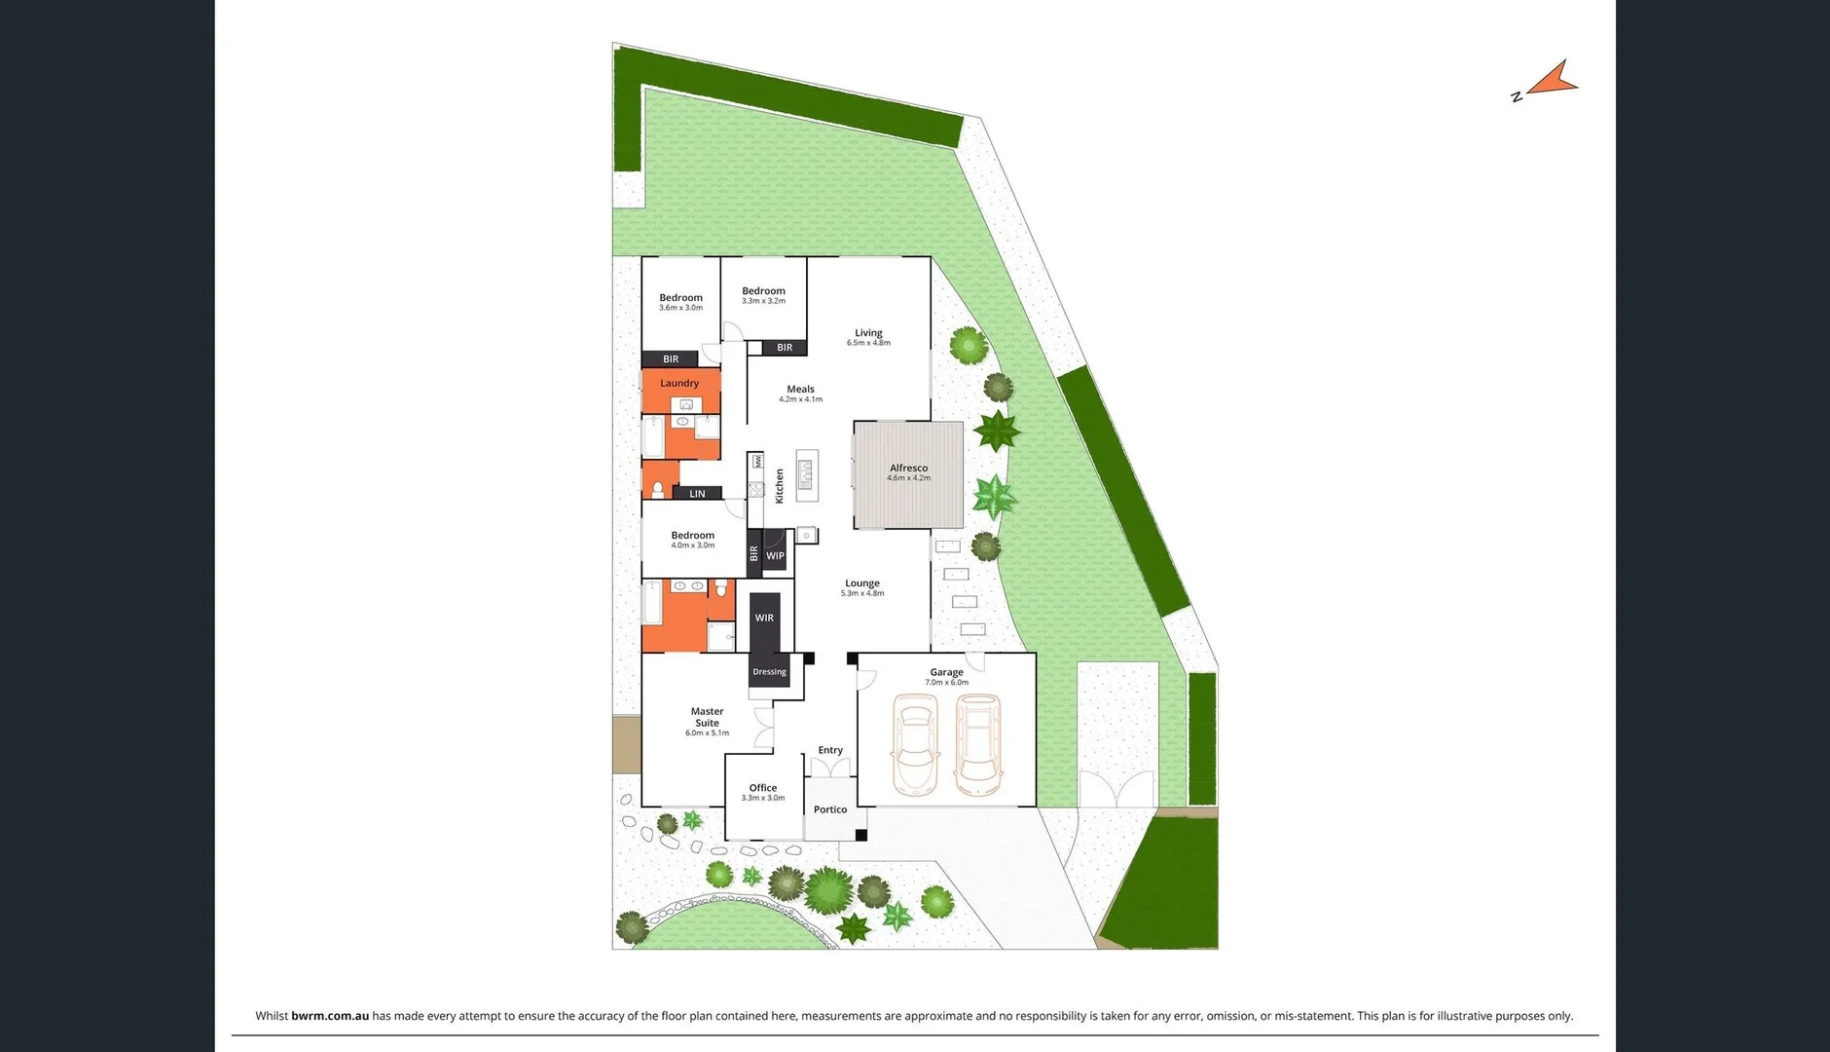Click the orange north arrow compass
1552,81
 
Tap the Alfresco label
908,469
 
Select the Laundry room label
679,384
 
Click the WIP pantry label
775,556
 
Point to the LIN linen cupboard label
697,494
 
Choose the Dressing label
769,672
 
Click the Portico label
830,809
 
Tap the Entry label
830,750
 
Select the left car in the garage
915,744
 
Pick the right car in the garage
978,744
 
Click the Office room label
763,788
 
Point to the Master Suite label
707,717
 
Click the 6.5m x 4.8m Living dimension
868,343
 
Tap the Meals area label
800,390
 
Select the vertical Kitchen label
780,485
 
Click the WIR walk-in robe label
764,618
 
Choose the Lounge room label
862,583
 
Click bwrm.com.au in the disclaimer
330,1016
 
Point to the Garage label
946,672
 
